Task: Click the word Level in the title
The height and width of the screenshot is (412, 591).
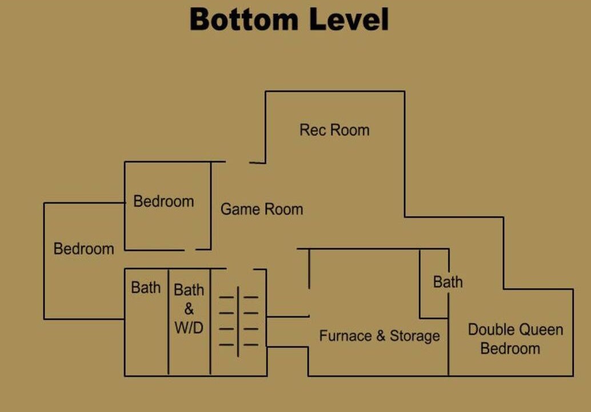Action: pyautogui.click(x=349, y=19)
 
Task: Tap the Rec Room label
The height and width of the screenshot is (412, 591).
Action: pyautogui.click(x=334, y=130)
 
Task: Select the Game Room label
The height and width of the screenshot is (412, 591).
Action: pyautogui.click(x=262, y=209)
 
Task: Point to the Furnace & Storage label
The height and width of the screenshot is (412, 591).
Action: pyautogui.click(x=380, y=335)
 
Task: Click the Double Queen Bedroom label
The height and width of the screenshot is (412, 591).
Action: pyautogui.click(x=515, y=339)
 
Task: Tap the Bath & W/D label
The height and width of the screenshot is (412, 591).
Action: pyautogui.click(x=189, y=308)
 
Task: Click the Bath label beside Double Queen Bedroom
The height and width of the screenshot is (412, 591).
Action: pyautogui.click(x=448, y=282)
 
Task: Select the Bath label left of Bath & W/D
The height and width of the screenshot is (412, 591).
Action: pyautogui.click(x=146, y=287)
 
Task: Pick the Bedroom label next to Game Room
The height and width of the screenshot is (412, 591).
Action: pyautogui.click(x=163, y=201)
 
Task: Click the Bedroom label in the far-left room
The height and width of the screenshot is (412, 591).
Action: pyautogui.click(x=83, y=249)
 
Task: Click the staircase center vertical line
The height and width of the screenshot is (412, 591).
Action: pyautogui.click(x=238, y=322)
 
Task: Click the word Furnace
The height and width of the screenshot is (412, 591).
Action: pyautogui.click(x=345, y=335)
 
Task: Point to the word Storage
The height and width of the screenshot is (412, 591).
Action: pyautogui.click(x=414, y=335)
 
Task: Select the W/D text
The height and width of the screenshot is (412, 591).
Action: pyautogui.click(x=189, y=328)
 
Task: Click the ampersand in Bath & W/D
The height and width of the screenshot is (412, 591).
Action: pyautogui.click(x=189, y=309)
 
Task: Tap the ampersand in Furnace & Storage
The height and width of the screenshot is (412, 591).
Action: pyautogui.click(x=380, y=336)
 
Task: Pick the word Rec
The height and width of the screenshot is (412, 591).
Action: pyautogui.click(x=310, y=130)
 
